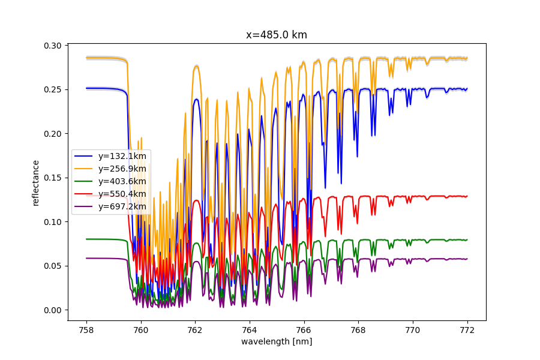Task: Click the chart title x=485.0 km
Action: point(277,35)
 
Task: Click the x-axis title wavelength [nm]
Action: point(277,341)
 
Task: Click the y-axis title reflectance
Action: point(35,183)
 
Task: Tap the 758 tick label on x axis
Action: point(86,329)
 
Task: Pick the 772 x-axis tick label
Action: point(467,329)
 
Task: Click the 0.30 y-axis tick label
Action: point(53,46)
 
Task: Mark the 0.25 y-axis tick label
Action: point(53,89)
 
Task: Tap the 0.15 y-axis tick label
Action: point(53,178)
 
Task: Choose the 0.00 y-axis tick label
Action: point(53,310)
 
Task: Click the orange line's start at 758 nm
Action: point(86,58)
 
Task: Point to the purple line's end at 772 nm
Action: point(467,259)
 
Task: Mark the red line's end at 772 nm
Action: point(467,196)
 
